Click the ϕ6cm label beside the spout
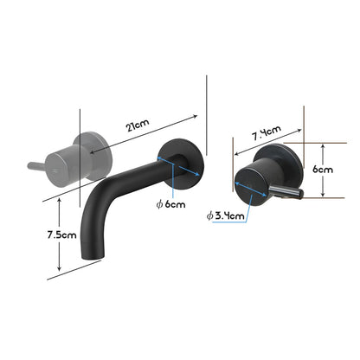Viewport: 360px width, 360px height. (x=171, y=204)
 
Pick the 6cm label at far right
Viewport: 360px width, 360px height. (x=322, y=170)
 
